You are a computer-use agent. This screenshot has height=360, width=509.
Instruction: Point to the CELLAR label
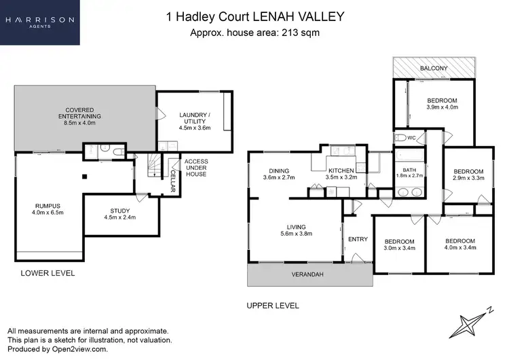(172, 181)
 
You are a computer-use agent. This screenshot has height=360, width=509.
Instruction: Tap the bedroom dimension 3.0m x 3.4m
(399, 249)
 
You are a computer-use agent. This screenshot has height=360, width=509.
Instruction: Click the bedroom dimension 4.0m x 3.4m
(460, 249)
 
